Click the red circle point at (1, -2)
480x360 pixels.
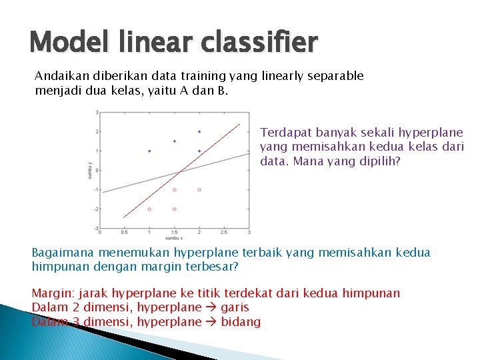(149, 209)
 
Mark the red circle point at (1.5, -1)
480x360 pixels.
(175, 190)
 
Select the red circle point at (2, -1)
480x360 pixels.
(199, 190)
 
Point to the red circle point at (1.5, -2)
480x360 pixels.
(175, 209)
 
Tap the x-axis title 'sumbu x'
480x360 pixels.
(174, 238)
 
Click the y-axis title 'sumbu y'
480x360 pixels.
(90, 170)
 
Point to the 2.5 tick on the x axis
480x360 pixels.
(224, 233)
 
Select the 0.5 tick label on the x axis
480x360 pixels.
(124, 233)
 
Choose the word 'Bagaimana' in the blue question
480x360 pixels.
(63, 253)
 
